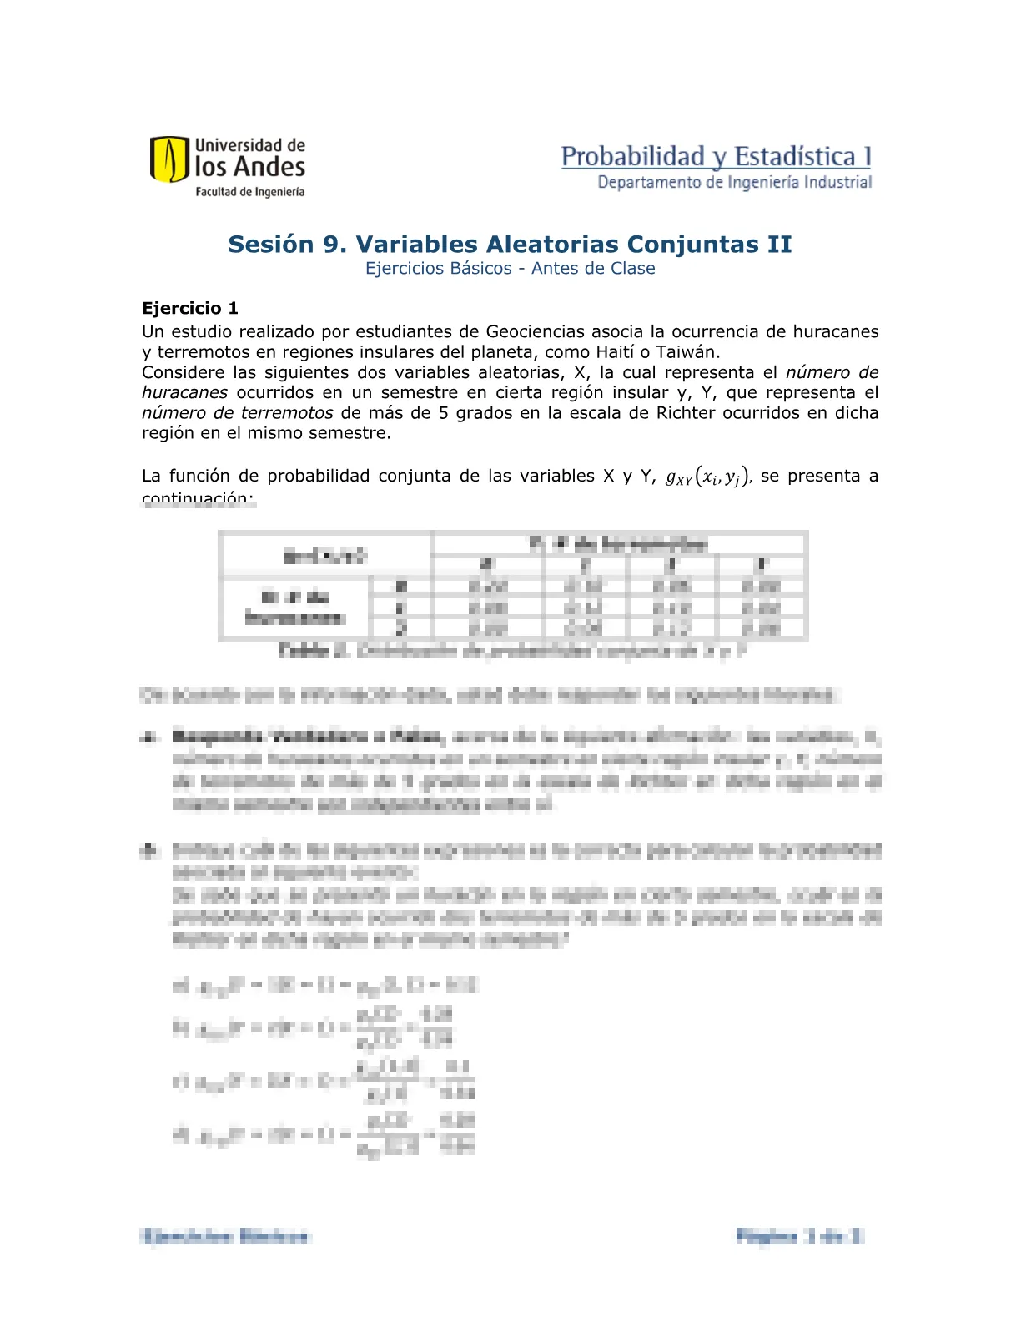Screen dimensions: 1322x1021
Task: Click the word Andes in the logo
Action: tap(269, 167)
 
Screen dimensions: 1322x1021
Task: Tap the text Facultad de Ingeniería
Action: tap(249, 192)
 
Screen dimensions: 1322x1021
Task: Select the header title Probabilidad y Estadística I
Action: tap(716, 156)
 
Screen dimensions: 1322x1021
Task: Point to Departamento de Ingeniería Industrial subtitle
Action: tap(734, 182)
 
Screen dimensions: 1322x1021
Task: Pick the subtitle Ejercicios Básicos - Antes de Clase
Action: tap(510, 269)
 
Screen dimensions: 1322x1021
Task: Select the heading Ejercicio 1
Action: tap(190, 308)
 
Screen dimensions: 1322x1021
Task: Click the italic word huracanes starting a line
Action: tap(184, 392)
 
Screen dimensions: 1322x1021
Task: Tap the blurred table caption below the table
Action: tap(511, 651)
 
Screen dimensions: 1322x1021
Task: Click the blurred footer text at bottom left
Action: tap(225, 1236)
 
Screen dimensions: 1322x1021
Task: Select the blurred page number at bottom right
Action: tap(798, 1236)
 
